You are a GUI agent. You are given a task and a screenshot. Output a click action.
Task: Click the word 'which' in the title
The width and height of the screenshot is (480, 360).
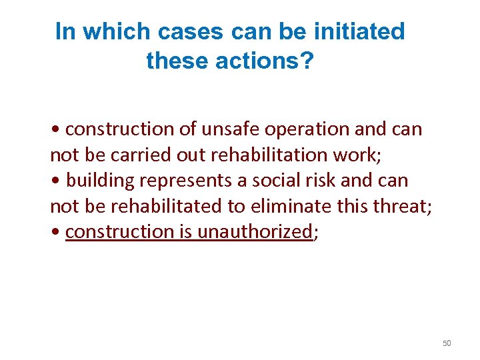click(110, 31)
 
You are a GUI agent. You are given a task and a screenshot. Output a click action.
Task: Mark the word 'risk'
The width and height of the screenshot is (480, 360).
click(311, 180)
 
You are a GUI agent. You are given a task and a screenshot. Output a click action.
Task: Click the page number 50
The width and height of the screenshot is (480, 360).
click(447, 343)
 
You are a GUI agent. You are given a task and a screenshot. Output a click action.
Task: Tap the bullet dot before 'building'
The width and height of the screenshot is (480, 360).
click(54, 181)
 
